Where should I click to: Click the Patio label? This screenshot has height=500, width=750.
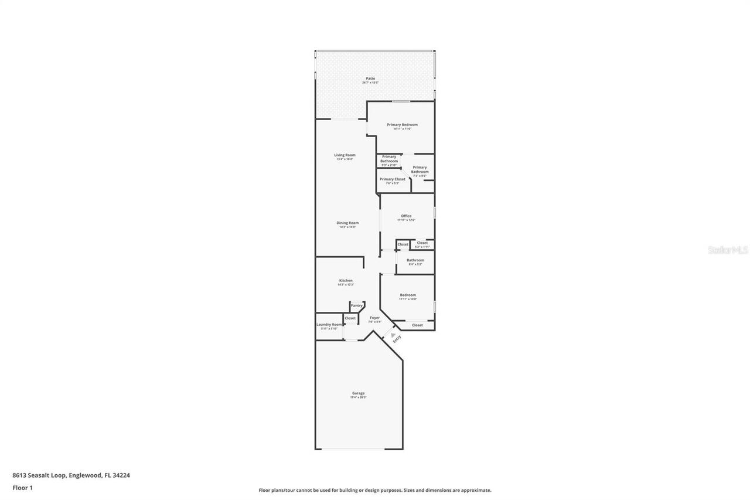click(370, 78)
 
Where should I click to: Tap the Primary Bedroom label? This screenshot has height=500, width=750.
click(402, 124)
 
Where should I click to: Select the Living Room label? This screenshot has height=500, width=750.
click(345, 155)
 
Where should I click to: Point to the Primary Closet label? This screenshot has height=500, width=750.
click(392, 179)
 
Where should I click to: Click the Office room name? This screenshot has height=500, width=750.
click(406, 216)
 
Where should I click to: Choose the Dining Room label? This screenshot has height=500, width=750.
click(347, 223)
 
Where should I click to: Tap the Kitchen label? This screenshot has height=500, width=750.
click(346, 280)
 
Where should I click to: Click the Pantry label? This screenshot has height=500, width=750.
click(356, 305)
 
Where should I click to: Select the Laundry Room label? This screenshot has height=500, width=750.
click(329, 324)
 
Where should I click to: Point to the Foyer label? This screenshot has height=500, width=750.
click(374, 318)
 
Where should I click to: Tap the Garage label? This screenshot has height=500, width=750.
click(358, 393)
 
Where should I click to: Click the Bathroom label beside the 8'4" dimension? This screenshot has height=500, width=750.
click(415, 260)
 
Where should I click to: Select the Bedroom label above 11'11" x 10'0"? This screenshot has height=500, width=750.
click(408, 295)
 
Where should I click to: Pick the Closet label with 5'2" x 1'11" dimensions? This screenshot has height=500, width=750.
click(422, 243)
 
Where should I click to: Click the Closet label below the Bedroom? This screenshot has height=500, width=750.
click(417, 325)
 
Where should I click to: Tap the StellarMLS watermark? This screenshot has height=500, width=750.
click(727, 250)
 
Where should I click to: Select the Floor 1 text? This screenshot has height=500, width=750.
click(22, 487)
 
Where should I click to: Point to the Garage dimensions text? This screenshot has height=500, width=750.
click(358, 397)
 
